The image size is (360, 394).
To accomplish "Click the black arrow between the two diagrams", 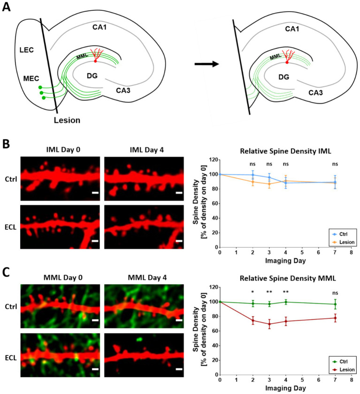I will click(x=206, y=64).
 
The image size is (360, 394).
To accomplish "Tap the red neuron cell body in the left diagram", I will click(x=95, y=61).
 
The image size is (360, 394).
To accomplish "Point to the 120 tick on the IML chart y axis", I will click(x=212, y=160).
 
